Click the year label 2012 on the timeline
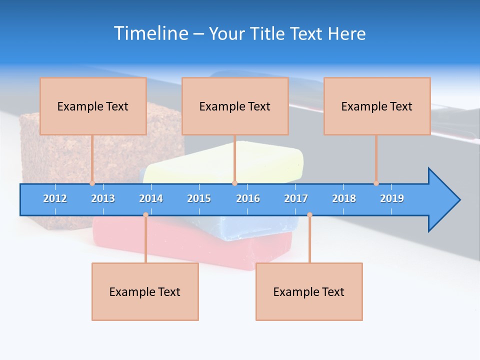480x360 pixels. [x=55, y=198]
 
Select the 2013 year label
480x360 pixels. [x=103, y=198]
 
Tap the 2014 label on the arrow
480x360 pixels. [x=151, y=198]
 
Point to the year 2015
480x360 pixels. [x=199, y=198]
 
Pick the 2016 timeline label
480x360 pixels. [x=248, y=198]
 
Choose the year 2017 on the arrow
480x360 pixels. [x=296, y=198]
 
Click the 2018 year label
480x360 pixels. [x=344, y=198]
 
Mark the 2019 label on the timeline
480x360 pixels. [x=392, y=198]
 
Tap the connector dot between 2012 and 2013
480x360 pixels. [x=92, y=183]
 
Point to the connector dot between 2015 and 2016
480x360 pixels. [x=234, y=183]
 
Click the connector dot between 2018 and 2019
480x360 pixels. [x=376, y=183]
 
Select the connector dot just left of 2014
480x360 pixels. [x=145, y=215]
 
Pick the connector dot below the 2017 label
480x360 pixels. [x=309, y=215]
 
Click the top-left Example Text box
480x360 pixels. [x=93, y=106]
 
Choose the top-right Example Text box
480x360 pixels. [x=377, y=106]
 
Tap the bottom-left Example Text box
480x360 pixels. [x=145, y=291]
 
